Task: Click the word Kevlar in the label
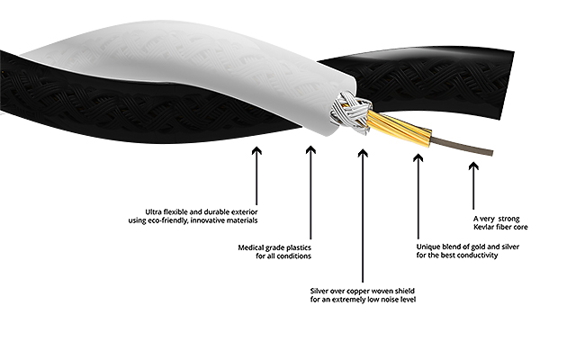coord(483,227)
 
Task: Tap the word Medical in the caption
coord(251,247)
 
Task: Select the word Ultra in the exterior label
coord(153,212)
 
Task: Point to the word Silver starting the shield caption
coord(319,291)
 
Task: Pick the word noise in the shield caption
coord(383,300)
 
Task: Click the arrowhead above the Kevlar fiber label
coord(473,166)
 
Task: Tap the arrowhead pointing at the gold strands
coord(418,158)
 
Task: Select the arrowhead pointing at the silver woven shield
coord(363,153)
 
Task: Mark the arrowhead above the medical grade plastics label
coord(310,150)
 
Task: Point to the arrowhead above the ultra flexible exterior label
coord(256,150)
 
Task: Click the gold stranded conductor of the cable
coord(399,128)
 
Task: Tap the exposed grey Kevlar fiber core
coord(461,146)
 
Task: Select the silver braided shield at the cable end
coord(350,112)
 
